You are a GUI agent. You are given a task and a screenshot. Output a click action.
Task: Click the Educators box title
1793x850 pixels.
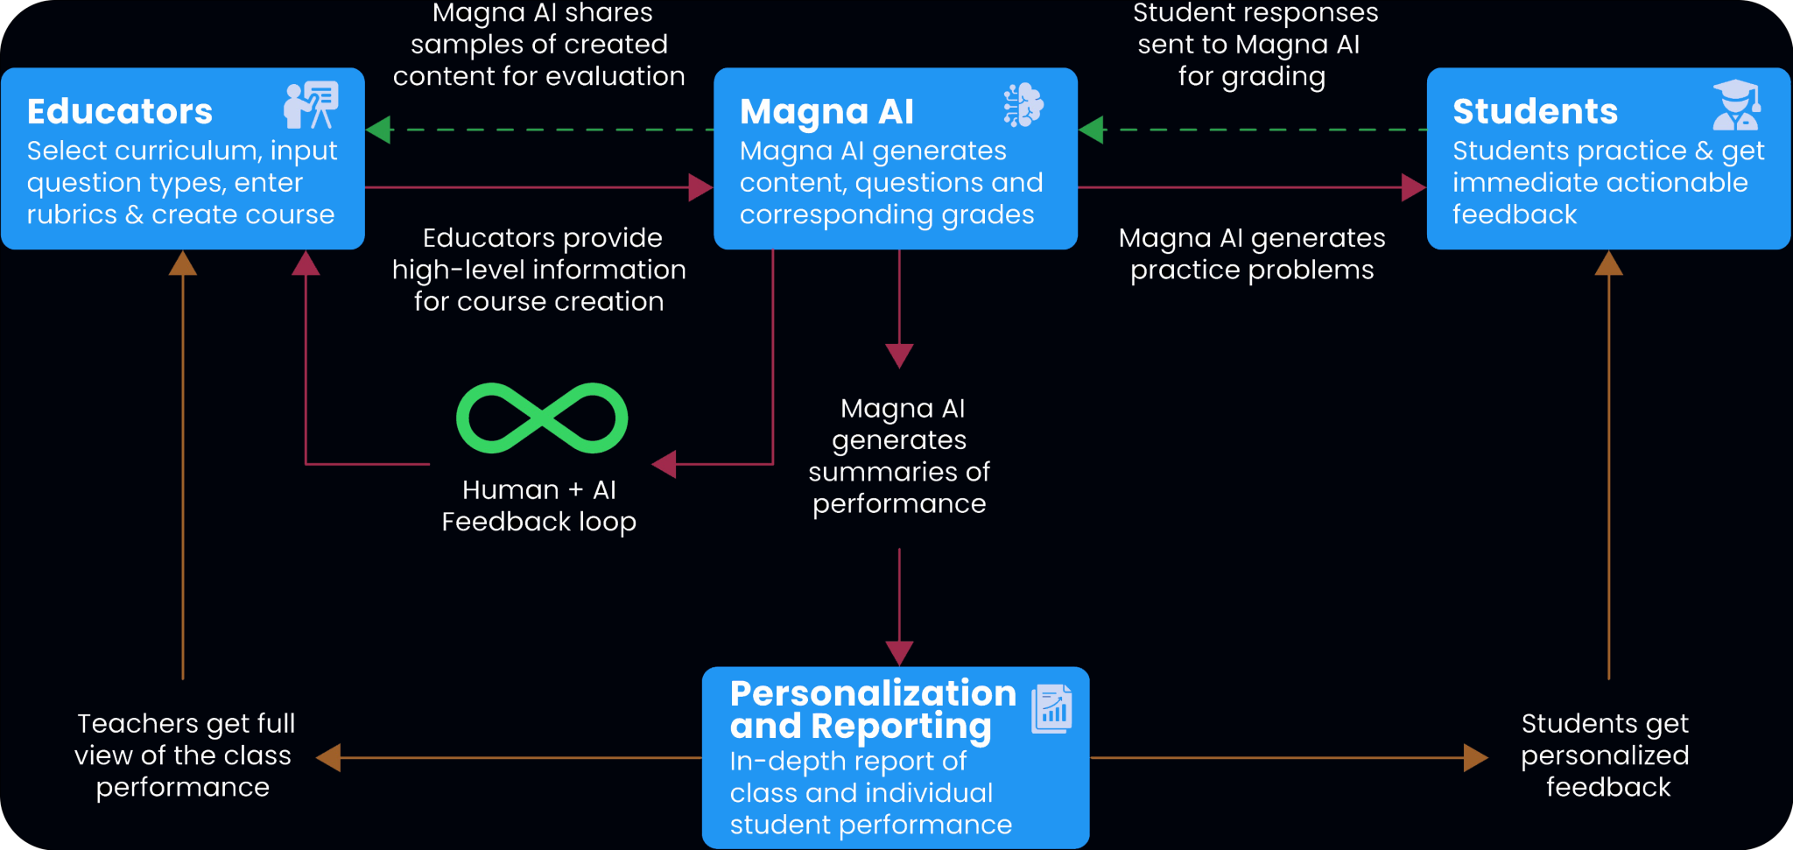point(120,112)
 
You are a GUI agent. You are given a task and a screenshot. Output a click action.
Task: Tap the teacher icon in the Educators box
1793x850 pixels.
point(311,105)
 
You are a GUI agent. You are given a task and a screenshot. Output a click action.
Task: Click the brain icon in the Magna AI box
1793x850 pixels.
point(1023,105)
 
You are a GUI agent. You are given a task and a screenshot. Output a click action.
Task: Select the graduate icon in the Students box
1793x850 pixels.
point(1736,105)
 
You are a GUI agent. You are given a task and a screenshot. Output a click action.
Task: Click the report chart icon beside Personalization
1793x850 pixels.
point(1051,709)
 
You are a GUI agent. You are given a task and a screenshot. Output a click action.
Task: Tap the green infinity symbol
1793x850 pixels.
point(542,418)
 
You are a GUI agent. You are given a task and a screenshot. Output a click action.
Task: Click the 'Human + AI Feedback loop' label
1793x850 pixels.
point(538,506)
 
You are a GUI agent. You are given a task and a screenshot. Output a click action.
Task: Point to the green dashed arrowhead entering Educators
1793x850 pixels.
point(378,130)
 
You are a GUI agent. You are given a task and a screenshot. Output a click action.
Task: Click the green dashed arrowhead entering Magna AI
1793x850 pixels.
point(1091,130)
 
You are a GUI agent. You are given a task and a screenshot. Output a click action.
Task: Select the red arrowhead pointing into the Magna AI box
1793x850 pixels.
point(700,187)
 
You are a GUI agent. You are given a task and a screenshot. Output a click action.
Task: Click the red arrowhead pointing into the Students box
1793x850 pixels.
point(1413,187)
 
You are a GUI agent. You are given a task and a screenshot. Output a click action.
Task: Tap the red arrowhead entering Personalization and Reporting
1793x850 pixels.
point(899,653)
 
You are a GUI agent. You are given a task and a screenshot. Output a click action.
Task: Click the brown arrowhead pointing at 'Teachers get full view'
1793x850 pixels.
point(328,758)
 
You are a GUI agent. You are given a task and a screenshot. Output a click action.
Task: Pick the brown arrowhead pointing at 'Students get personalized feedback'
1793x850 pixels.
point(1475,758)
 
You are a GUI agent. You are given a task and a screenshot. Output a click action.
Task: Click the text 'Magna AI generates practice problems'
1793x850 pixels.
point(1252,254)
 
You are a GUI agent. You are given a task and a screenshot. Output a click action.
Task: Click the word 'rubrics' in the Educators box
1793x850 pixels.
point(72,214)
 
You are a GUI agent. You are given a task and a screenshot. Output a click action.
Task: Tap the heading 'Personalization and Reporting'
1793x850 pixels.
point(872,710)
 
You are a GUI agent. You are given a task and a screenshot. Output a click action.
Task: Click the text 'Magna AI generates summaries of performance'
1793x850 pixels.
point(899,456)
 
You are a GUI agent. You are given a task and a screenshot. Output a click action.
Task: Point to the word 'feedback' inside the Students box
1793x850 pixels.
point(1515,214)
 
